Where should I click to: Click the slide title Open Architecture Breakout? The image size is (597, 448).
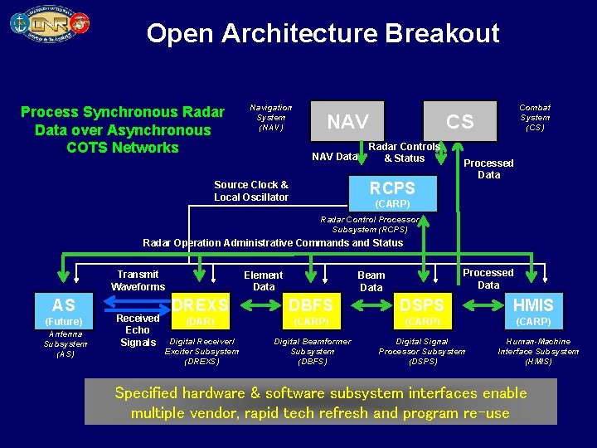pos(323,33)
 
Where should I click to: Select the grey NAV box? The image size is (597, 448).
pos(347,122)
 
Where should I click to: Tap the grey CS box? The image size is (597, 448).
pos(459,122)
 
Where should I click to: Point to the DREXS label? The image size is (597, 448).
pos(200,305)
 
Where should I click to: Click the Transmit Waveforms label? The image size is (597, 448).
pos(138,280)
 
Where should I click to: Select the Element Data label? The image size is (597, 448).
pos(263,281)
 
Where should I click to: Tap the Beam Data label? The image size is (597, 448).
pos(371,281)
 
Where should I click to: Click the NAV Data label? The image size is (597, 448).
pos(334,157)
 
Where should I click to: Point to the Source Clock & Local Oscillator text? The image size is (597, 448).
pos(251,191)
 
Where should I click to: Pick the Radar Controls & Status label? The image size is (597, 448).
pos(404,152)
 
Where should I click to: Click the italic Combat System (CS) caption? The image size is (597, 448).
pos(534,117)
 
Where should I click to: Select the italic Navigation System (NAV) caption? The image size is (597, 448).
pos(270,117)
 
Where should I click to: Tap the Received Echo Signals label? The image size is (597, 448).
pos(138,330)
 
